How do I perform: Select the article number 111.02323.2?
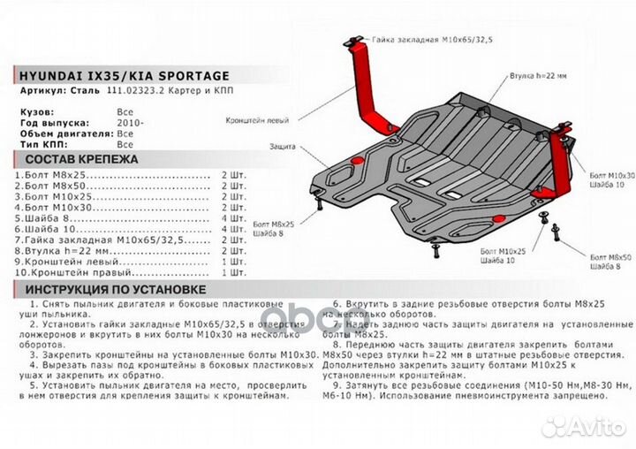pyautogui.click(x=133, y=92)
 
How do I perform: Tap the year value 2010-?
pyautogui.click(x=129, y=123)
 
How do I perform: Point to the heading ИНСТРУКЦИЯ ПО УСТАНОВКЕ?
pyautogui.click(x=116, y=290)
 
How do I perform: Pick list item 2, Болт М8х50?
pyautogui.click(x=62, y=188)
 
